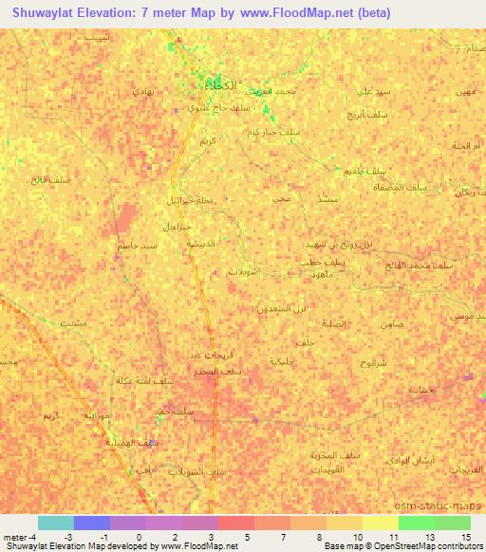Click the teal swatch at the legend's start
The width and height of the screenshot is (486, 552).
[55, 523]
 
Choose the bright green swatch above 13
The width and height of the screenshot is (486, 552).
[416, 523]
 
